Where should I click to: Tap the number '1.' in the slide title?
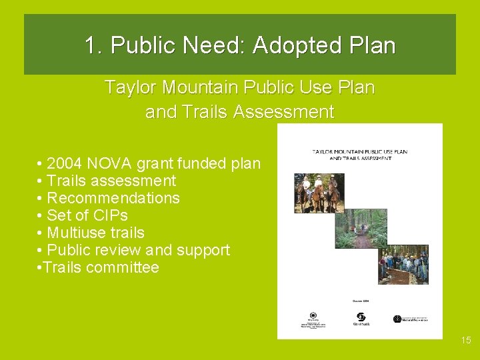tap(94, 45)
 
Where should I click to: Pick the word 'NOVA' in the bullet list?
tap(110, 163)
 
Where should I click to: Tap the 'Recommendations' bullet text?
tap(113, 198)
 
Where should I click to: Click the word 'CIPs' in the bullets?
tap(111, 215)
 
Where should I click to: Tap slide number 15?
tap(465, 341)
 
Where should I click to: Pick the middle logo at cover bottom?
tap(360, 319)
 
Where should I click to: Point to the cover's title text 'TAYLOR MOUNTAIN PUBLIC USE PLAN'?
tap(360, 152)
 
